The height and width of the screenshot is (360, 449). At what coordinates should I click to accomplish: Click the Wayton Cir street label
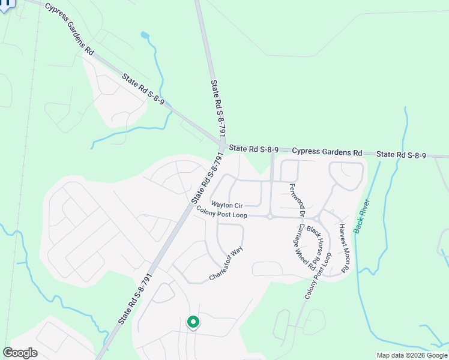click(x=226, y=205)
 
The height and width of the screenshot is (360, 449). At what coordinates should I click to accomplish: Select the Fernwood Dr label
click(x=295, y=201)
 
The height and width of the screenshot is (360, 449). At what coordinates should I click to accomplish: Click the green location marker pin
click(x=193, y=323)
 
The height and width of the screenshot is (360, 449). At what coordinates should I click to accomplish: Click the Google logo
click(x=20, y=353)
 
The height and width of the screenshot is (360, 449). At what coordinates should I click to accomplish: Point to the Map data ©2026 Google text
click(x=411, y=355)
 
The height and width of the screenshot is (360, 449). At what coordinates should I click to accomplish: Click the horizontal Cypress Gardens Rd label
click(x=327, y=152)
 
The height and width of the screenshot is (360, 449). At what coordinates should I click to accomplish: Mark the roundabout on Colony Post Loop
click(x=270, y=217)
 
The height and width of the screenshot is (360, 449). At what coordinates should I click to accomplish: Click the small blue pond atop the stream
click(x=145, y=35)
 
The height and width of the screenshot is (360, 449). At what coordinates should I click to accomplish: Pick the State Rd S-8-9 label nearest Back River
click(x=401, y=155)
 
